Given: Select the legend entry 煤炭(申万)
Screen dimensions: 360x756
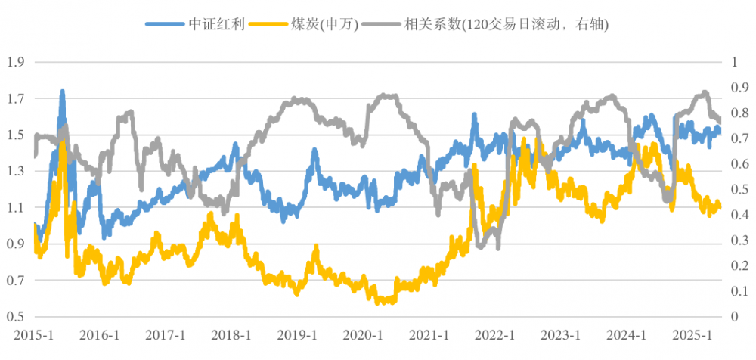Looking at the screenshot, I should (318, 25).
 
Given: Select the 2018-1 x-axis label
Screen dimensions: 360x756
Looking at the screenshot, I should (232, 335).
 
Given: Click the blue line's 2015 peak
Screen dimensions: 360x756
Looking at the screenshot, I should (62, 92).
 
